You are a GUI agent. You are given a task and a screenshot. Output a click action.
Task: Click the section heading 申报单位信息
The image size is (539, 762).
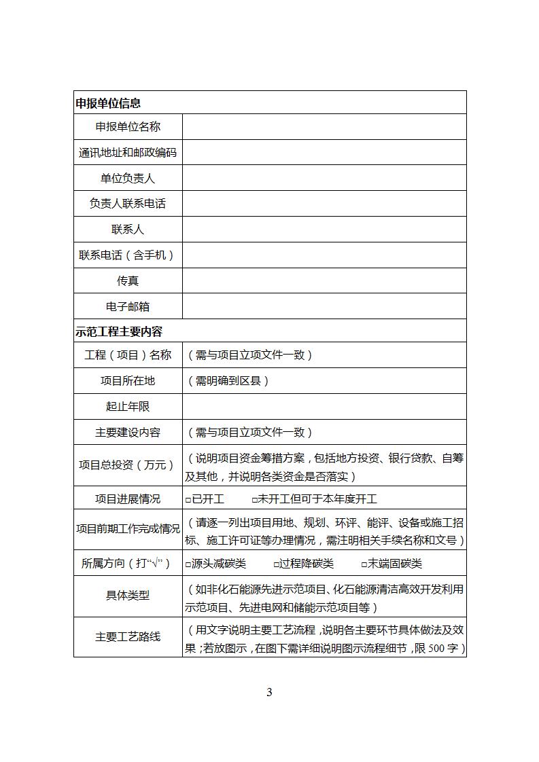point(108,103)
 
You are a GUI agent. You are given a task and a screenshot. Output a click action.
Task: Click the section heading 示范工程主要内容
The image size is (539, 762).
point(119,332)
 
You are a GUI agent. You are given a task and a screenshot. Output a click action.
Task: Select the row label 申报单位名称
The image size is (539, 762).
point(128,127)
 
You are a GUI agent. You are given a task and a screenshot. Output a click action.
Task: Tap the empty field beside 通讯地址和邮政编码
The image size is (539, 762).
point(324,153)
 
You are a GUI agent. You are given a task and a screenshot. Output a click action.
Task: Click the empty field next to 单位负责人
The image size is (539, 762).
point(324,179)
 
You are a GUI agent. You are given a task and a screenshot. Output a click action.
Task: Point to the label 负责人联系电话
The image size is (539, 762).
point(128,204)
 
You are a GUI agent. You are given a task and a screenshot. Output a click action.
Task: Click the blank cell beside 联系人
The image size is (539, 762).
point(324,230)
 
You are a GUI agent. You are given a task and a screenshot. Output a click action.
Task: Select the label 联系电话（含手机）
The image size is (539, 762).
point(128,255)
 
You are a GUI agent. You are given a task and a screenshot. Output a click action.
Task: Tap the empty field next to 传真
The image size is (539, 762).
point(324,280)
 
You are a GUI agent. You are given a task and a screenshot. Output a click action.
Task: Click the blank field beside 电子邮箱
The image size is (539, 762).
point(324,306)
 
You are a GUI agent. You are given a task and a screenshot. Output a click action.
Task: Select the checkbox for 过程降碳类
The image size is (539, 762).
point(277,564)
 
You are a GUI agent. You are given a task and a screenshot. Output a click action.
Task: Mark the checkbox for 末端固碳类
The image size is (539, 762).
point(364,564)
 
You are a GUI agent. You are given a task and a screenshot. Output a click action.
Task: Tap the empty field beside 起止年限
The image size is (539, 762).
point(324,407)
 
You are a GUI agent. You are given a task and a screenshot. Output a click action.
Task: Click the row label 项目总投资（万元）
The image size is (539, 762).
point(128,465)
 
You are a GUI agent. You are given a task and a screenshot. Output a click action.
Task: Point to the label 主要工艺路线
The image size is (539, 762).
point(128,637)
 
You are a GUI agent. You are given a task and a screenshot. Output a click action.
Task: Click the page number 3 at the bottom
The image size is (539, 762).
point(269,693)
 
